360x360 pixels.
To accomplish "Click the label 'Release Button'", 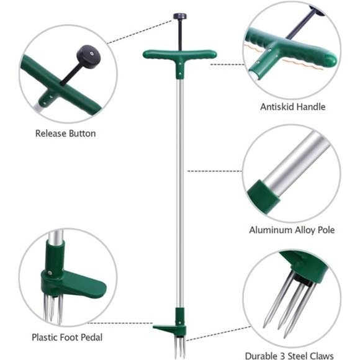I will pos(65,133).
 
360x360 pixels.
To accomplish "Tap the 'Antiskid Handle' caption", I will pos(292,107).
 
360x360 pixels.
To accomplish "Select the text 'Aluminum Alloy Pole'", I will pos(292,230).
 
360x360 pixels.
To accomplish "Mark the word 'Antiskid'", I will pos(277,107).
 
